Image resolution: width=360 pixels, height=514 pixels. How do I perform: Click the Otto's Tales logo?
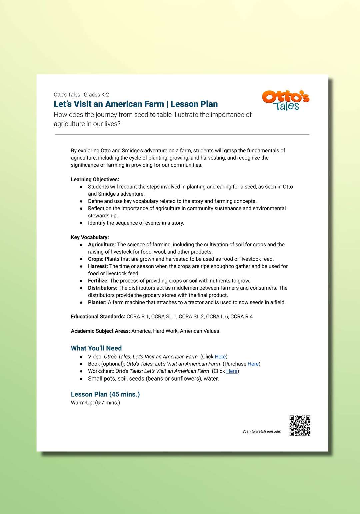tap(286, 100)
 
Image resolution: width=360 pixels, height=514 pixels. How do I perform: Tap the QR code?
tap(300, 426)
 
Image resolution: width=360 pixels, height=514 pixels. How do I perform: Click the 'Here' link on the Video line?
tap(220, 357)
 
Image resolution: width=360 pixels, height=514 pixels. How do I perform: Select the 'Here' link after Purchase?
tap(253, 364)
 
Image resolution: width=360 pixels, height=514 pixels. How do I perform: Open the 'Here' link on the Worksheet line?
tap(232, 371)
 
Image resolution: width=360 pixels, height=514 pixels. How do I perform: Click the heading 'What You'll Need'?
tap(96, 348)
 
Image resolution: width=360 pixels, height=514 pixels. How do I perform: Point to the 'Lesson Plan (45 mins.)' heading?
tap(105, 394)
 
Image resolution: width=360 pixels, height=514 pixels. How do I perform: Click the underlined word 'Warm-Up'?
tap(82, 403)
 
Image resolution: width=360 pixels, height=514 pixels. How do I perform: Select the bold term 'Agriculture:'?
tap(102, 245)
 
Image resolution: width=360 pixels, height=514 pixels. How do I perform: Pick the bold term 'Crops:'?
tap(96, 259)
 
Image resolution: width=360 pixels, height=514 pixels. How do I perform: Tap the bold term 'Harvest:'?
tap(98, 266)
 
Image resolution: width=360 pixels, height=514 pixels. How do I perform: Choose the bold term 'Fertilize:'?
tap(98, 281)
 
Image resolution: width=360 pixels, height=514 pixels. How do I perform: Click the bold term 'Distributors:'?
tap(102, 288)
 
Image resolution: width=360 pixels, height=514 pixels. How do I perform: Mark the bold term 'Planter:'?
tap(97, 302)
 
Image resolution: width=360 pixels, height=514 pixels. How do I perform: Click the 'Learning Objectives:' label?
tap(95, 179)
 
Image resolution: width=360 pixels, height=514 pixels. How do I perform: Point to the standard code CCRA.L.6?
tap(217, 317)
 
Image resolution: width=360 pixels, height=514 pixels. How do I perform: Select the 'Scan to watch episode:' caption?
tap(261, 431)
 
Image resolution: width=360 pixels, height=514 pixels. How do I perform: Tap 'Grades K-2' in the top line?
tap(96, 95)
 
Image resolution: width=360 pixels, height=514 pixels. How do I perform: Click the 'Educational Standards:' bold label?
tap(98, 317)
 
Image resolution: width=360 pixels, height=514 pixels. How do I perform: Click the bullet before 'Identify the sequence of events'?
tap(81, 223)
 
